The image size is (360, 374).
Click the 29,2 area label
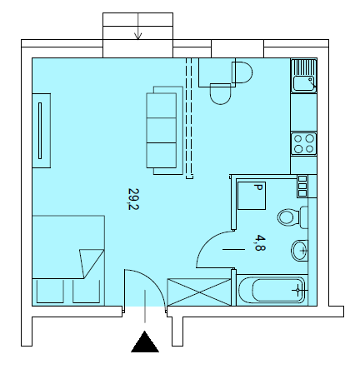pos(133,199)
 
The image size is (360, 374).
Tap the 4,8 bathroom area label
pos(260,242)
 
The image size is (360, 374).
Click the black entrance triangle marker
pos(145,342)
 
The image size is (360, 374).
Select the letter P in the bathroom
pos(258,187)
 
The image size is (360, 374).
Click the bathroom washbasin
pos(299,250)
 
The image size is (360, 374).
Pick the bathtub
pos(272,290)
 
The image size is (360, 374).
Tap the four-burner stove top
pos(303,143)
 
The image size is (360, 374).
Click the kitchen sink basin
pos(303,83)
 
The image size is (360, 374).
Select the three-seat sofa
pos(164,131)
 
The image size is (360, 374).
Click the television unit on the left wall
pos(42,131)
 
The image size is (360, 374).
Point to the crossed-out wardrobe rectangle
pos(199,292)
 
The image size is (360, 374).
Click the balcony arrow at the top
pos(138,26)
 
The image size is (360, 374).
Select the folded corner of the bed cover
pos(91,262)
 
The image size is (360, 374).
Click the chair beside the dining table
pos(242,72)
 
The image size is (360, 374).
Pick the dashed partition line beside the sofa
pos(189,118)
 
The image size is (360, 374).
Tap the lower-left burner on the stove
pos(298,149)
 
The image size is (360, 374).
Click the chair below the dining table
pos(221,94)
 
